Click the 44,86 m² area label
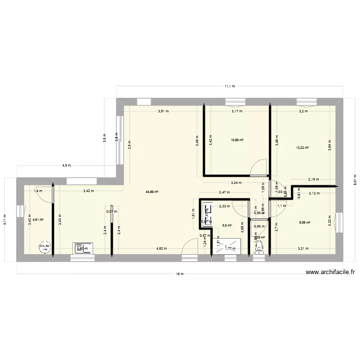pyautogui.click(x=152, y=192)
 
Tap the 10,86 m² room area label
pyautogui.click(x=237, y=140)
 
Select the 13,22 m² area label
pyautogui.click(x=302, y=148)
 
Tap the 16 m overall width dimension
pyautogui.click(x=180, y=274)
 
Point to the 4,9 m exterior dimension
pyautogui.click(x=66, y=166)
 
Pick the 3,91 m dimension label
pyautogui.click(x=164, y=111)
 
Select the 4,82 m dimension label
pyautogui.click(x=161, y=249)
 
